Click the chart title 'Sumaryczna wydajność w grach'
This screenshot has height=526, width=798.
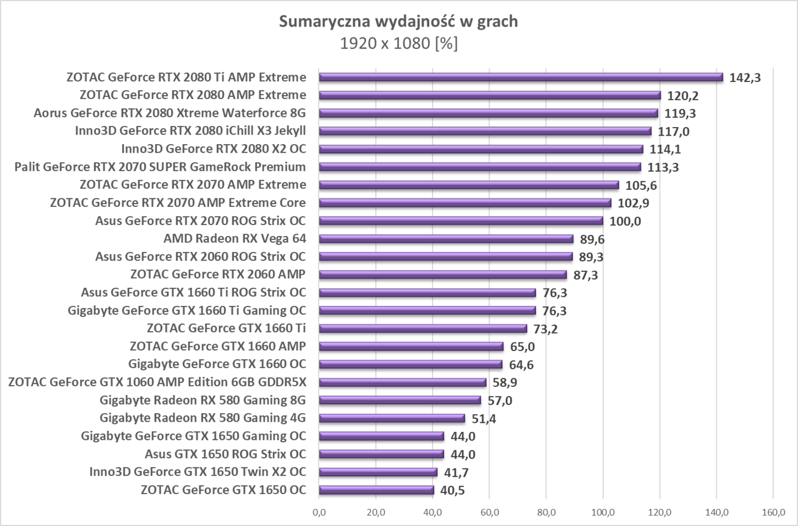click(398, 22)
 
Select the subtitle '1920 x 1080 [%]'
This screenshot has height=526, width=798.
click(398, 43)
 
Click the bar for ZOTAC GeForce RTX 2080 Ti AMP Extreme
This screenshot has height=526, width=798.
click(520, 77)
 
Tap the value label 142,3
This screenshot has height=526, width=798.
click(745, 78)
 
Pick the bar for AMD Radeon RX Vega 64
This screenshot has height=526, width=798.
click(446, 239)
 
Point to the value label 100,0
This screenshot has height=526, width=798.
click(625, 221)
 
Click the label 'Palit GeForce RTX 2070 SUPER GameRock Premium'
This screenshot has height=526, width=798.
click(160, 167)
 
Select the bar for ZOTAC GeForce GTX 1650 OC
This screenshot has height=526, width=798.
click(376, 490)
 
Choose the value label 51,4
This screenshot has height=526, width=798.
click(484, 419)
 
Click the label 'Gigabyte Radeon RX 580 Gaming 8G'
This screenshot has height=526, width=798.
click(202, 399)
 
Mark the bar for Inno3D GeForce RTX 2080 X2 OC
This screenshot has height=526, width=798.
click(481, 149)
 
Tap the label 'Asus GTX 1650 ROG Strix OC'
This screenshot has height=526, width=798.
click(225, 454)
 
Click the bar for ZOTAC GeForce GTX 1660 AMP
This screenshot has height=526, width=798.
click(411, 346)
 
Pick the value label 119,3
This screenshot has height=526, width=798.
click(680, 113)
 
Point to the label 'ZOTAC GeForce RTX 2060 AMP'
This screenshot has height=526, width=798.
click(218, 274)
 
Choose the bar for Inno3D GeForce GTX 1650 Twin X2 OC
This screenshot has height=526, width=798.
click(378, 472)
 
